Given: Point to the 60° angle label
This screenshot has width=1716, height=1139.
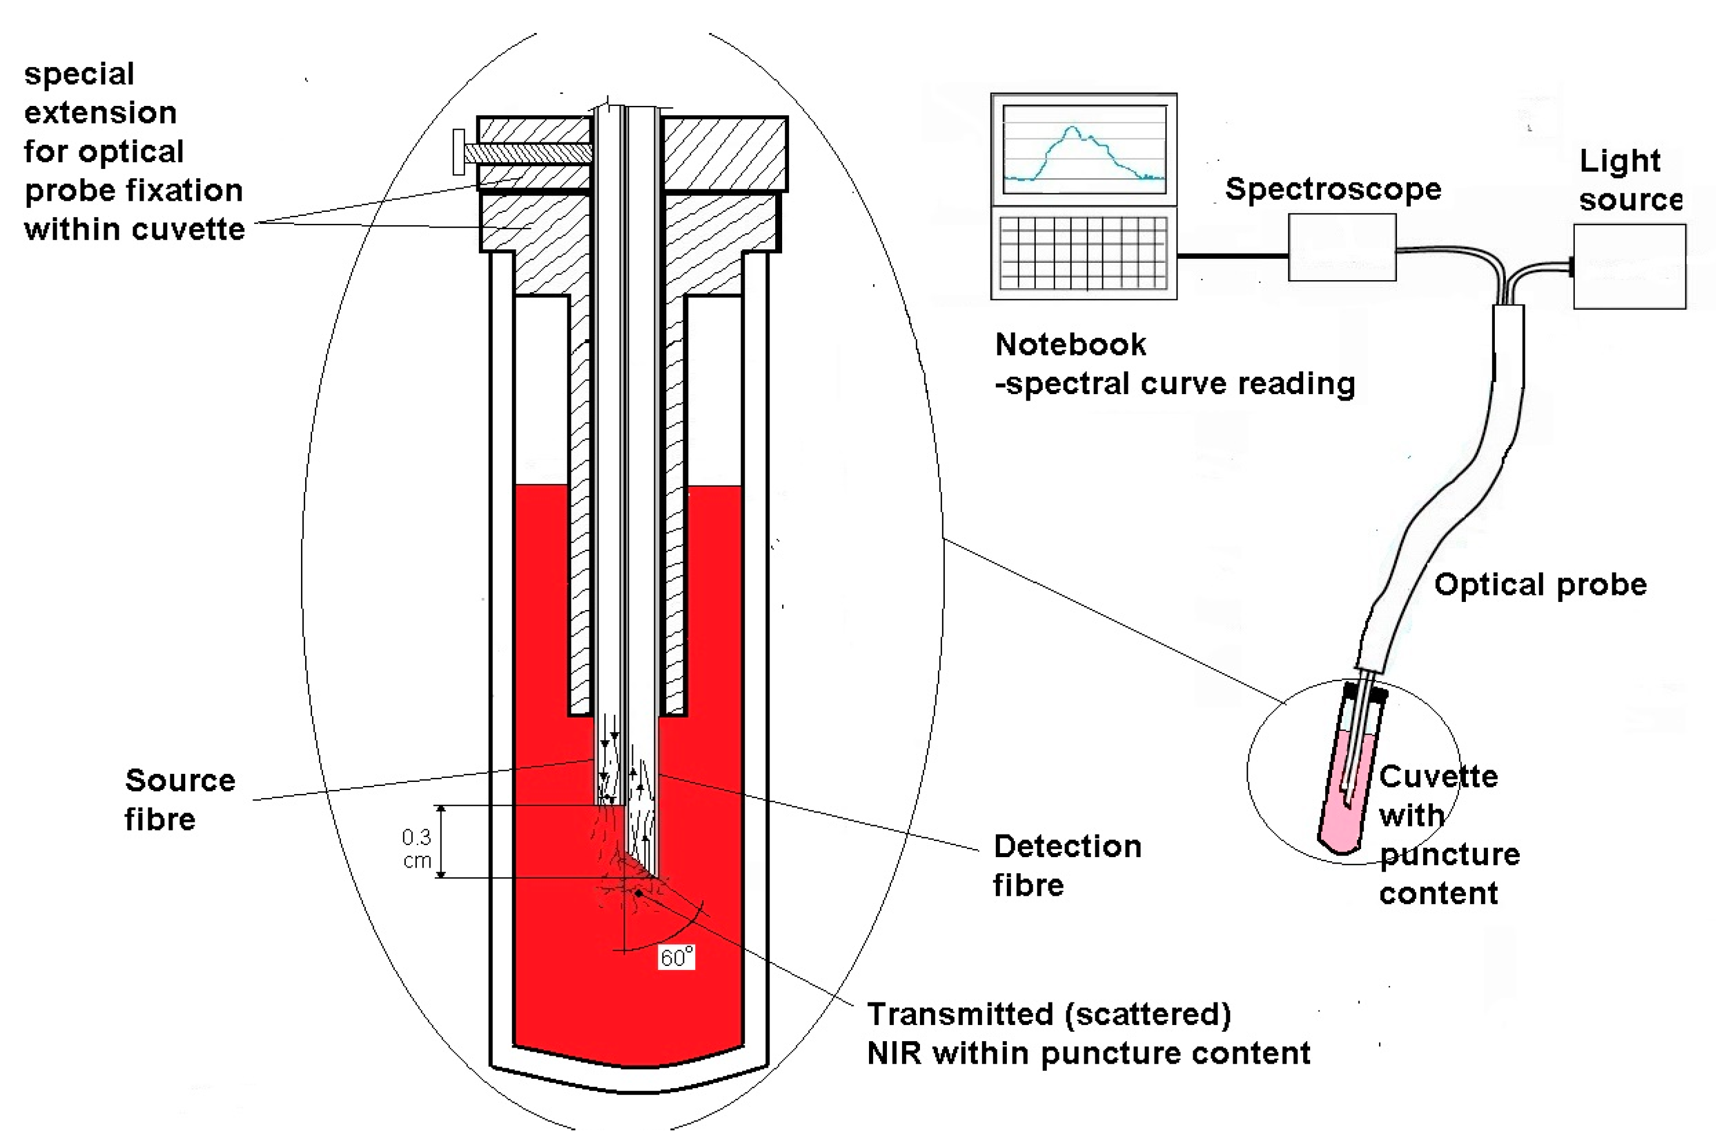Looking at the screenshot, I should coord(676,957).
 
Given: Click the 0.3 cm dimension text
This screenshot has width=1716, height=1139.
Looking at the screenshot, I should coord(417,848).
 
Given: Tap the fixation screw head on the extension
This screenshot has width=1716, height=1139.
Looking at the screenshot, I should coord(459,152).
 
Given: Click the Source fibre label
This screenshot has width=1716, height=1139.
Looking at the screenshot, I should coord(179,800).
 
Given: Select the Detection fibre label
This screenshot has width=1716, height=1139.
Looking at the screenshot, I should coord(1066,866).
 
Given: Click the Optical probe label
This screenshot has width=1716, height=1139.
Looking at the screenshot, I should coord(1540,585).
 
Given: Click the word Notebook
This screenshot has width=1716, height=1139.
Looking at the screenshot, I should coord(1070,344).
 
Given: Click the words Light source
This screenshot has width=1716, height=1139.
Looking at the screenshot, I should coord(1630,179).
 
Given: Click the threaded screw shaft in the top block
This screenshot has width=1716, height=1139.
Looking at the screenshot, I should coord(527,153).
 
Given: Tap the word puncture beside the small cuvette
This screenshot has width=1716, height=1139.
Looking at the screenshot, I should coord(1449,854).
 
